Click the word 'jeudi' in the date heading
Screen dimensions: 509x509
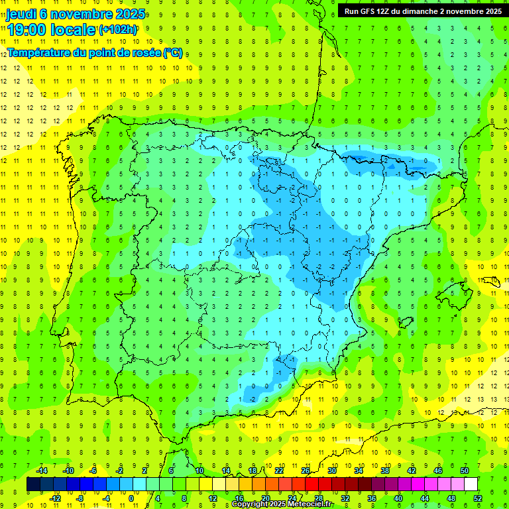(21, 13)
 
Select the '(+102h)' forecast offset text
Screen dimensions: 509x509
(118, 30)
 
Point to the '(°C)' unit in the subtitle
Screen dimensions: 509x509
(172, 53)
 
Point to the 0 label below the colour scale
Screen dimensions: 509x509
(131, 498)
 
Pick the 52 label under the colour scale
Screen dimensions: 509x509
(477, 498)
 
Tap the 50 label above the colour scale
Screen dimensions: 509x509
(464, 471)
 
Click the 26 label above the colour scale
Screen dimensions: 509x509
(306, 471)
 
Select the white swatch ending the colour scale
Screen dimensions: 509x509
(471, 484)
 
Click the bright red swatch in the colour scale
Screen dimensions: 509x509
(311, 484)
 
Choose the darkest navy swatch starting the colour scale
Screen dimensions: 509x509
(33, 484)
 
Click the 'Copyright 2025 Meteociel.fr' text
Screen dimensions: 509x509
(282, 504)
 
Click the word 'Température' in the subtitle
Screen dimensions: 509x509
(36, 53)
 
